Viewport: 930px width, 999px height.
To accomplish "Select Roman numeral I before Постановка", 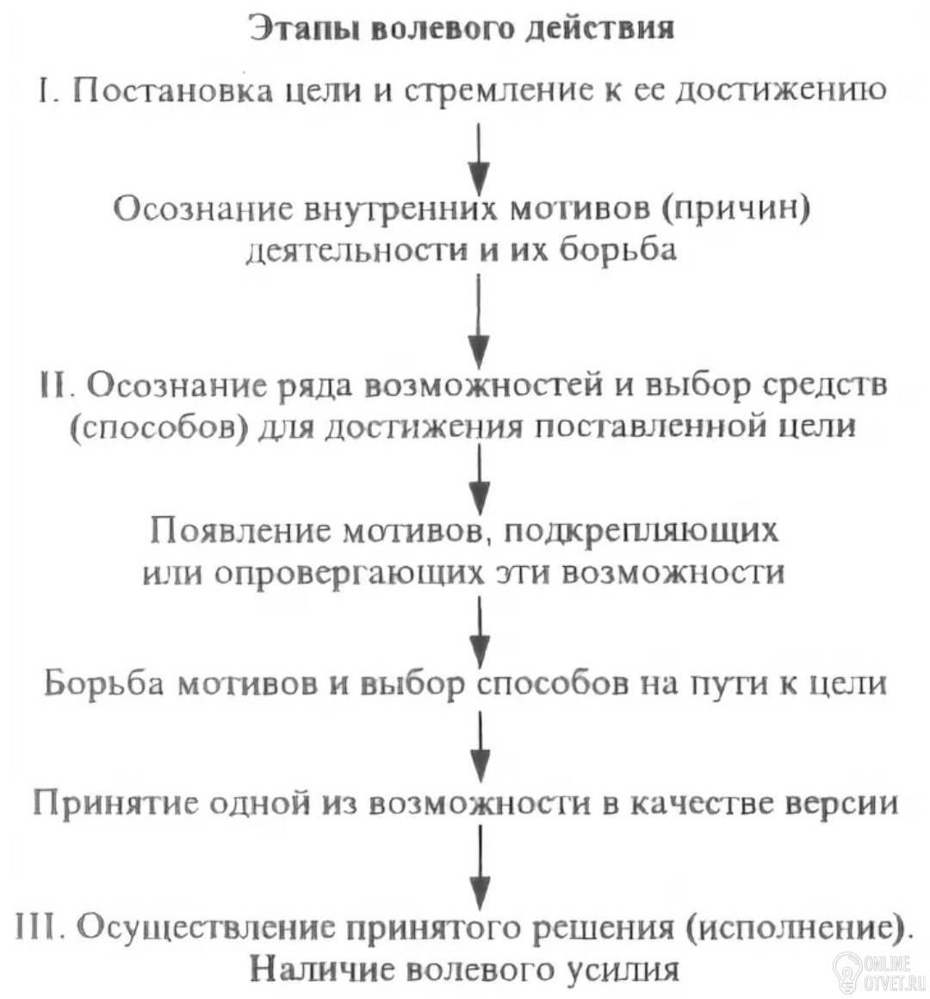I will tap(45, 89).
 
